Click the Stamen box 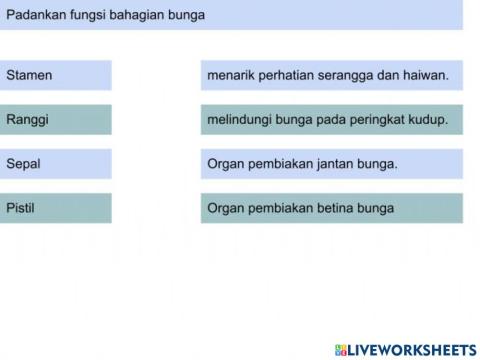coord(56,75)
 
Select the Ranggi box coord(56,120)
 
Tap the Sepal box coord(56,164)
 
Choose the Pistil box coord(56,208)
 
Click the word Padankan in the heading coord(33,15)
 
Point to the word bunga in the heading coord(188,15)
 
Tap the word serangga coord(347,75)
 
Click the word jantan coord(332,164)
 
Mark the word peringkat coord(379,120)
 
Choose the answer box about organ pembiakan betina coord(331,208)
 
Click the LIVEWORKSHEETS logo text coord(412,349)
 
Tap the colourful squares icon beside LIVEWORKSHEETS coord(340,349)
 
